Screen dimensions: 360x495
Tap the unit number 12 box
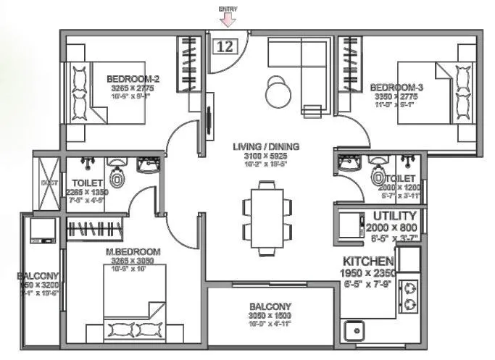225,46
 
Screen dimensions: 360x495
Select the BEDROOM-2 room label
133,79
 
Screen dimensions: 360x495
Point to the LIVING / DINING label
266,146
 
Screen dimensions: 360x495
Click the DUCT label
49,183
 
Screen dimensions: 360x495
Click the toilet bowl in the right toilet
377,176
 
